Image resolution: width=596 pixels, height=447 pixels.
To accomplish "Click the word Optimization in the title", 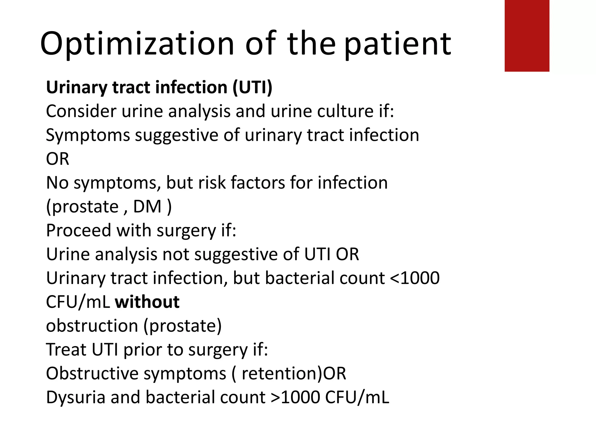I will pyautogui.click(x=137, y=44).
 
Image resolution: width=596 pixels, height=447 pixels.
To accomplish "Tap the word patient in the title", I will pyautogui.click(x=398, y=44).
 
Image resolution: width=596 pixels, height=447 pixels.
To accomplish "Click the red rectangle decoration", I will pyautogui.click(x=527, y=36).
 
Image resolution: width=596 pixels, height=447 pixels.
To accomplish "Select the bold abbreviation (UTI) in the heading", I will pyautogui.click(x=252, y=87).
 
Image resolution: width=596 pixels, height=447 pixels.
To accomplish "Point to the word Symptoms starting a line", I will pyautogui.click(x=88, y=136).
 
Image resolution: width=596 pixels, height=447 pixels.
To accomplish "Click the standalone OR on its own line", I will pyautogui.click(x=58, y=159).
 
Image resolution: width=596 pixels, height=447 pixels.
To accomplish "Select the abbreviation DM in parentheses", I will pyautogui.click(x=147, y=207).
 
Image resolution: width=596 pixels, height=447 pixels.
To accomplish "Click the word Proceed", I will pyautogui.click(x=79, y=230).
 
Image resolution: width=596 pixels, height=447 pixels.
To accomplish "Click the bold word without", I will pyautogui.click(x=147, y=302).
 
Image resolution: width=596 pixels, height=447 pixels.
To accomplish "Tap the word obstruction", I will pyautogui.click(x=92, y=326).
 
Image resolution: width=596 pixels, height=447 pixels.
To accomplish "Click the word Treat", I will pyautogui.click(x=66, y=350).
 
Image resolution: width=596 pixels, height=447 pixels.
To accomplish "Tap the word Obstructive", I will pyautogui.click(x=92, y=373).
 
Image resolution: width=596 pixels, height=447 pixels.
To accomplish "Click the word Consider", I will pyautogui.click(x=81, y=111).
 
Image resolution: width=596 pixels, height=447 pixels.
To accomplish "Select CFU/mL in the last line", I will pyautogui.click(x=357, y=398).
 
